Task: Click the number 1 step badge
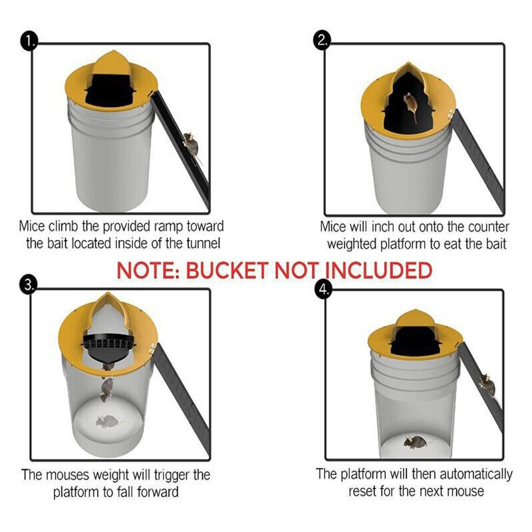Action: coord(30,41)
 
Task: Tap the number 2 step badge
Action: coord(323,41)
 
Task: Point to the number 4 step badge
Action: coord(323,290)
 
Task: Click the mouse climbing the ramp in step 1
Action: coord(192,143)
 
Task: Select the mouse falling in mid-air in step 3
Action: coord(106,390)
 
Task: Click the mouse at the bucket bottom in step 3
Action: coord(106,421)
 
